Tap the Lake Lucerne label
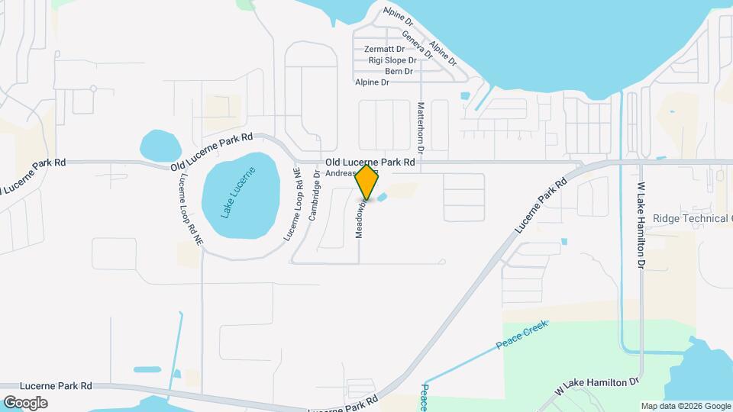239,192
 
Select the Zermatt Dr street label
384,49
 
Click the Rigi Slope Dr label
392,60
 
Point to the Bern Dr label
399,71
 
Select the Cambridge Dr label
313,200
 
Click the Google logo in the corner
25,402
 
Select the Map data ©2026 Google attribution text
685,406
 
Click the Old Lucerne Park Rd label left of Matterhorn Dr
370,163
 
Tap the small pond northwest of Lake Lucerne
160,143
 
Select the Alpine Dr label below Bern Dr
373,82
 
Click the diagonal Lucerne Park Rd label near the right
541,205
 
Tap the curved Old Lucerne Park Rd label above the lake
212,151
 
